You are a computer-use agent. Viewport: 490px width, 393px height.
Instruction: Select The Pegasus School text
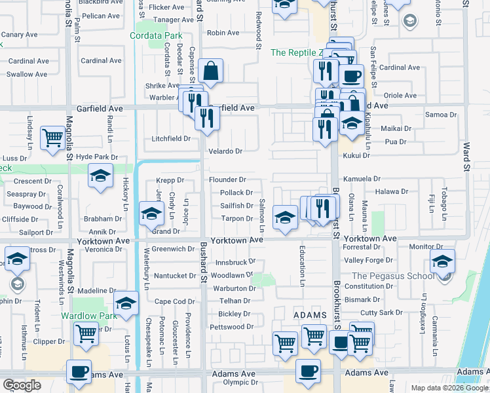coord(393,276)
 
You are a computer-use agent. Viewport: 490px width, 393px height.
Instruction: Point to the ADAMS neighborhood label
coord(309,315)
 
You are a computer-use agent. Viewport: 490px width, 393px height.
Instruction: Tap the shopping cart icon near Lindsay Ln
coord(53,138)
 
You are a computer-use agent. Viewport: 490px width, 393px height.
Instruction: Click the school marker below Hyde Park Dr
coord(100,176)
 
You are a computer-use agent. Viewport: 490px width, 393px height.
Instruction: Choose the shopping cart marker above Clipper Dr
coord(86,333)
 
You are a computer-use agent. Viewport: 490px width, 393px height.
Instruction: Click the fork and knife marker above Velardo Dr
coord(207,119)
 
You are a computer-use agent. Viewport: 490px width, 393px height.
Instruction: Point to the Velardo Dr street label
coord(225,151)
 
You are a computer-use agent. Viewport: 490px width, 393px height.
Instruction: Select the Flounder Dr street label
coord(227,179)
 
